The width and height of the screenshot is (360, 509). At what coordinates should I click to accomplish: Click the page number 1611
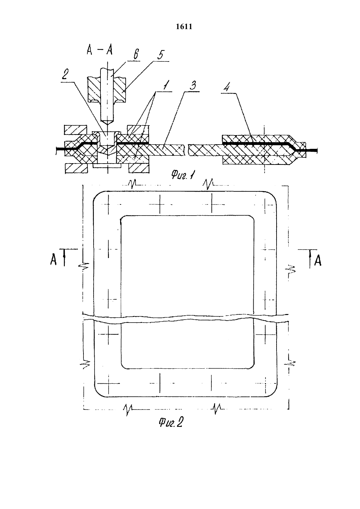(x=184, y=27)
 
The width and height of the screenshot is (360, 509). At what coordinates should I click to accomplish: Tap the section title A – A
(x=99, y=50)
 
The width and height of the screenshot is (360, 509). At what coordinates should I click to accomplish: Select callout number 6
(x=136, y=55)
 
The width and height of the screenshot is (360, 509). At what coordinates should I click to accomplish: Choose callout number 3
(x=193, y=85)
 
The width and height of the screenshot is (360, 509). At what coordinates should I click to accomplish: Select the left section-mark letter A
(x=53, y=260)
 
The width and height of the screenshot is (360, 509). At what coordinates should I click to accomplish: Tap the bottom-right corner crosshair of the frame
(x=264, y=383)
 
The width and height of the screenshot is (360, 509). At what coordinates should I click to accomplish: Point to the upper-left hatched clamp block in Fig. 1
(x=76, y=130)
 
